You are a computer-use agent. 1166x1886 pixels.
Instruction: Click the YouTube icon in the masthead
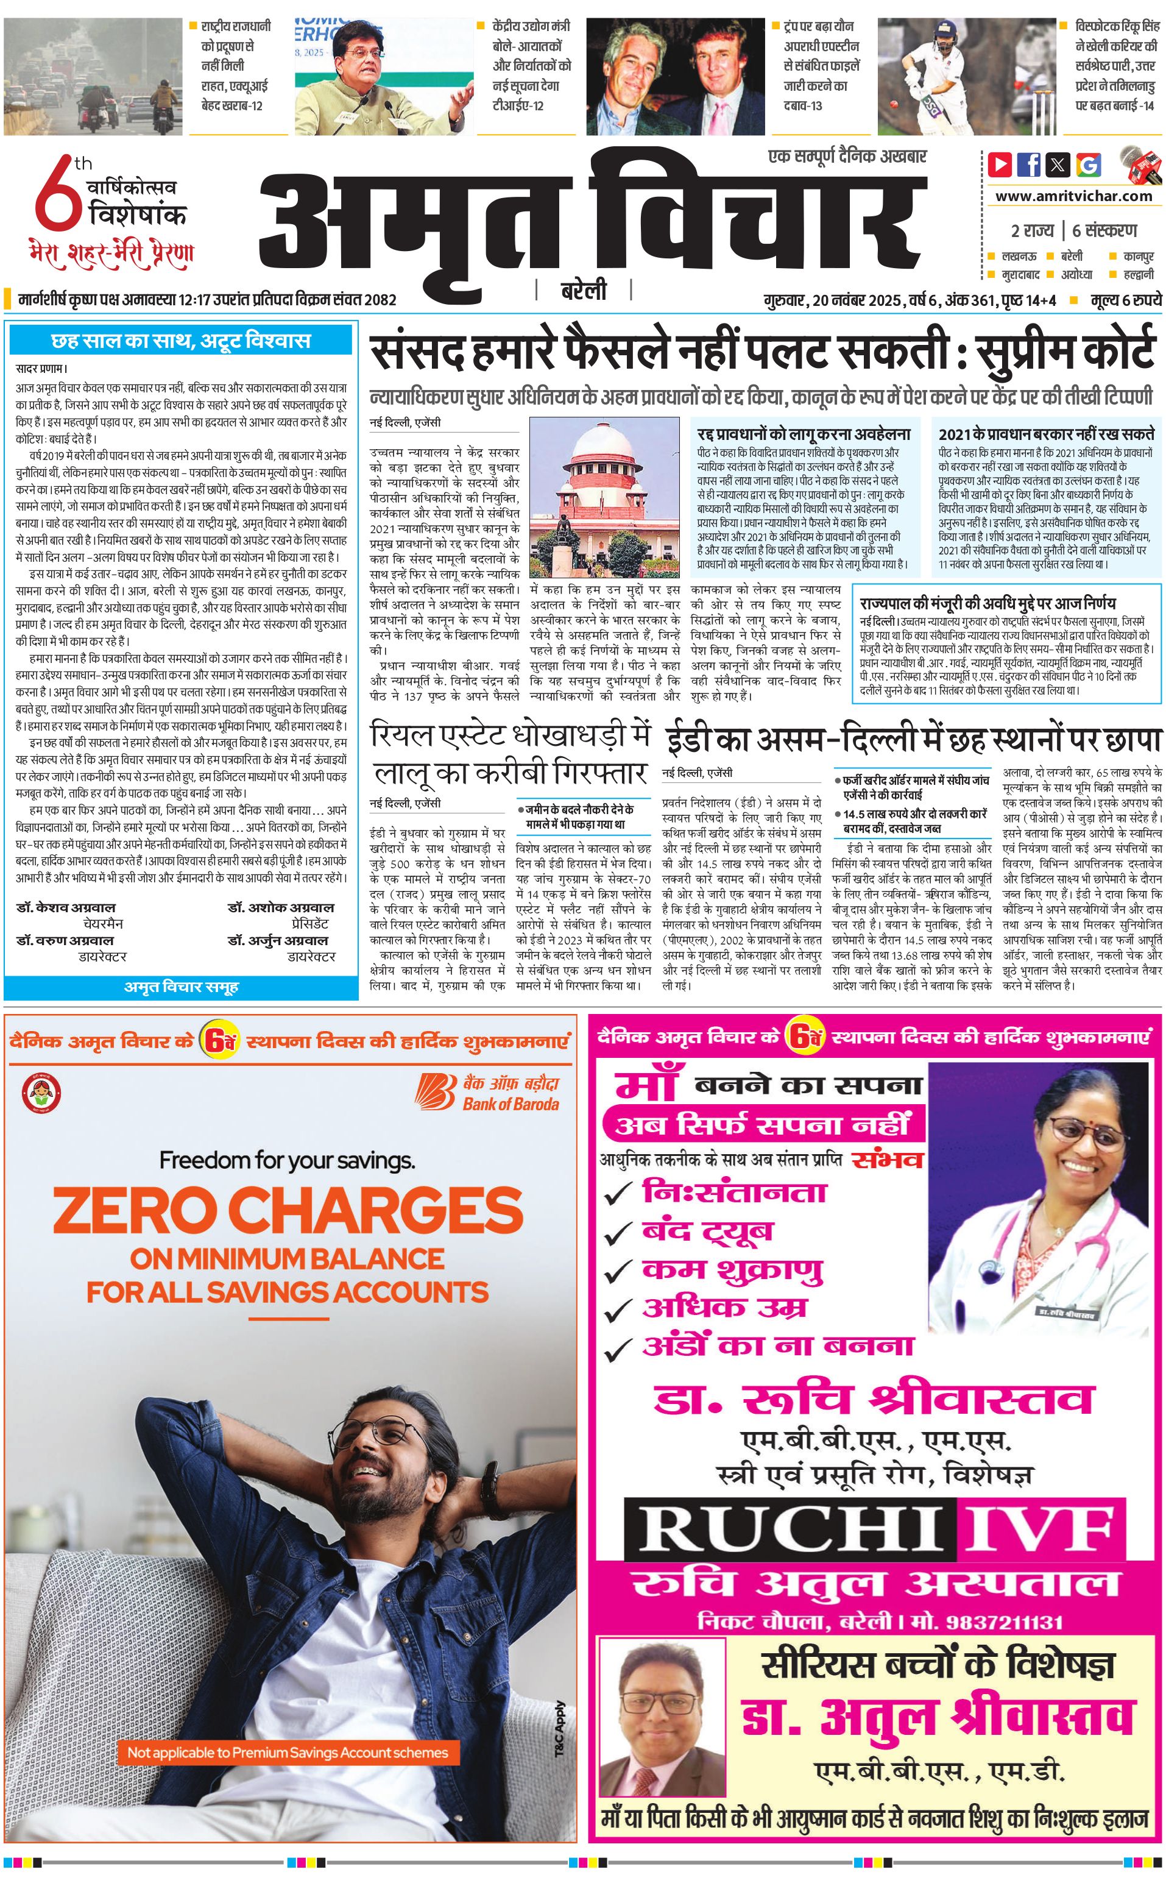pyautogui.click(x=1000, y=165)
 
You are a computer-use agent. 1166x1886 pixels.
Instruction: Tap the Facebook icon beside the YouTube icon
pyautogui.click(x=1029, y=165)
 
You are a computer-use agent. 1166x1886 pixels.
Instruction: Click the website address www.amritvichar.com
pyautogui.click(x=1073, y=196)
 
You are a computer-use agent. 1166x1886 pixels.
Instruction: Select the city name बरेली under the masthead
pyautogui.click(x=583, y=291)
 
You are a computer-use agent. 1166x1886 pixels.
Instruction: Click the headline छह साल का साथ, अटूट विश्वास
pyautogui.click(x=180, y=341)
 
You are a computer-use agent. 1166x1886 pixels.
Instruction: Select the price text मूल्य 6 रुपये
pyautogui.click(x=1125, y=300)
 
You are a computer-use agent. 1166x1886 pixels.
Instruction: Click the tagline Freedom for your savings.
pyautogui.click(x=287, y=1160)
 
